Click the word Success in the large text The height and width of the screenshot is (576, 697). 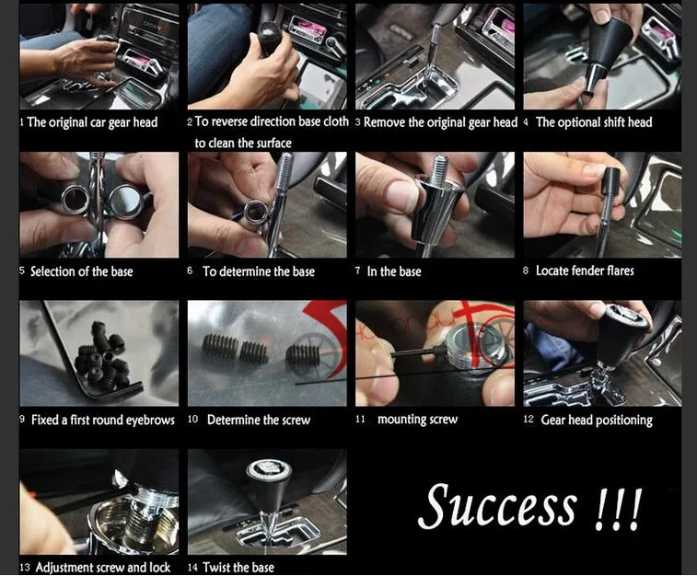tap(498, 505)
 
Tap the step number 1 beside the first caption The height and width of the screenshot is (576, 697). tap(21, 121)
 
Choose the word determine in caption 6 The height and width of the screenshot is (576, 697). tap(246, 271)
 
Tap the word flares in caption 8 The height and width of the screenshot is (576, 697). tap(620, 270)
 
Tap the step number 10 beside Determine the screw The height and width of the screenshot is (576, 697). tap(192, 419)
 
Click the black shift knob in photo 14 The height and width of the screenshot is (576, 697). tap(268, 485)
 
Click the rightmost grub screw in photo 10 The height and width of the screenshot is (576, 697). tap(303, 355)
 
